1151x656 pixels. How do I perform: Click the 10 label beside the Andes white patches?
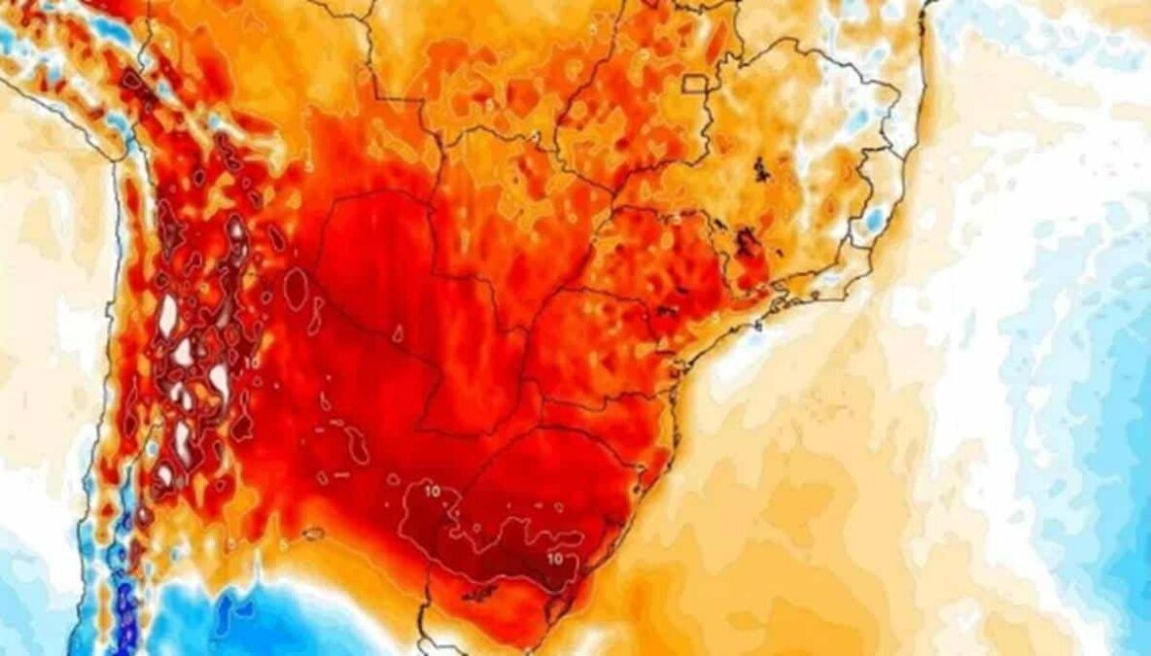coord(253,362)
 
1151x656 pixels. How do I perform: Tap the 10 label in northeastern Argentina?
coord(433,491)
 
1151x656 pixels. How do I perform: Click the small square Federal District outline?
coord(695,84)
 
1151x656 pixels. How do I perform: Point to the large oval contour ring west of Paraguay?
coord(296,287)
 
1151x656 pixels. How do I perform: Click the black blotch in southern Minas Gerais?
coord(747,238)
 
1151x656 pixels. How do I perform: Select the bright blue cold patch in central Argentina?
coord(243,612)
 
